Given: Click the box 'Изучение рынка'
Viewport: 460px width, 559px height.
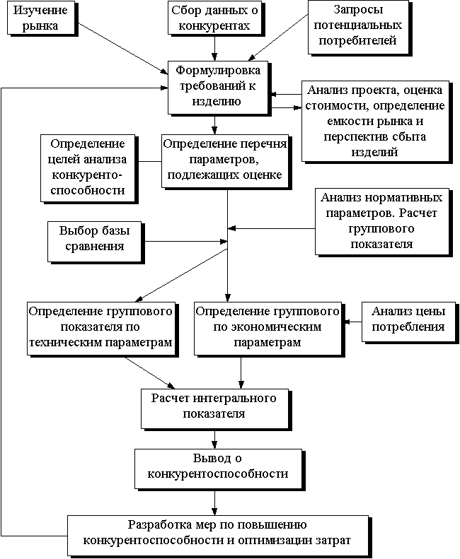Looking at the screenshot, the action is (41, 18).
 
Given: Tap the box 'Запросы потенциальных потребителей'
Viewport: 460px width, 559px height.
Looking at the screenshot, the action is (358, 27).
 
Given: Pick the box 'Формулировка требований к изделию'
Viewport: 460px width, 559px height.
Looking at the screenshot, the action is (218, 88).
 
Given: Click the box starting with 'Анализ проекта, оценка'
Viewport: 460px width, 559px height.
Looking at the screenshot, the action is (375, 122).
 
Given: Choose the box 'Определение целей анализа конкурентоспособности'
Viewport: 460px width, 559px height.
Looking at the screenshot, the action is (88, 168).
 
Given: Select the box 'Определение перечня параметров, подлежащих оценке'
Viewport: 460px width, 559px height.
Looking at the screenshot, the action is (224, 161).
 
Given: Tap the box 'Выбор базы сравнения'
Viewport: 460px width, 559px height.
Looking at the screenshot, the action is (95, 242).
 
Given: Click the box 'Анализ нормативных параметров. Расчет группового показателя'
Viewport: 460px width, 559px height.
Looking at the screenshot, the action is (381, 221).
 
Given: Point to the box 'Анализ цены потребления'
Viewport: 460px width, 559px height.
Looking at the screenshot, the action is (408, 322).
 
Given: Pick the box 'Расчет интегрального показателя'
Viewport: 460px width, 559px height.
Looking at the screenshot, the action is (214, 409).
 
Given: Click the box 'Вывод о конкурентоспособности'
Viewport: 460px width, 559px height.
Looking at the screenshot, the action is (218, 469).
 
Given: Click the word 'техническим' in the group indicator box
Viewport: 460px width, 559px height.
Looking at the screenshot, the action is (67, 343).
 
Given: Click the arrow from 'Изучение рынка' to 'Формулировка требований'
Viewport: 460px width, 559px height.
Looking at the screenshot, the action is (123, 49).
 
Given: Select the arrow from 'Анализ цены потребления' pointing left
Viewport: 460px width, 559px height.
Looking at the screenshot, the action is (353, 322).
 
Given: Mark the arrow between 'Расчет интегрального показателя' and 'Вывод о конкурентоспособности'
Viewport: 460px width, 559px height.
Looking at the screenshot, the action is (214, 439).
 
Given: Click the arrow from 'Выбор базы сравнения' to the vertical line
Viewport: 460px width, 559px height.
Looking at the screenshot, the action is (185, 242).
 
